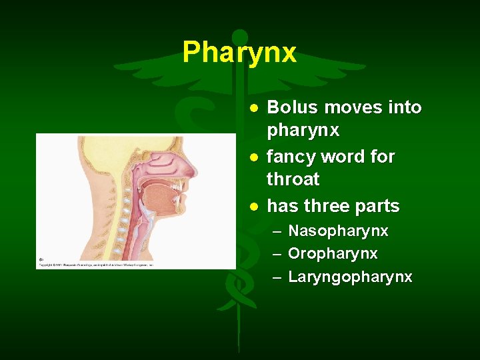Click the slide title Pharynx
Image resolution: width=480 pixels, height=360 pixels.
(239, 52)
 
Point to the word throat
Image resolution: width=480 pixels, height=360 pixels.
(293, 179)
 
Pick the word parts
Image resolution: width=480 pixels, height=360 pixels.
(379, 207)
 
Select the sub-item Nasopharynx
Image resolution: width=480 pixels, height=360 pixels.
(337, 231)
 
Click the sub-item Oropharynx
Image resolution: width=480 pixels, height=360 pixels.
(332, 254)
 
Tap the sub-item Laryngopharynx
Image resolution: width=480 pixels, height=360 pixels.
(349, 277)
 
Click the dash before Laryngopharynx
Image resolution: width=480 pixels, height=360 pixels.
(276, 277)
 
